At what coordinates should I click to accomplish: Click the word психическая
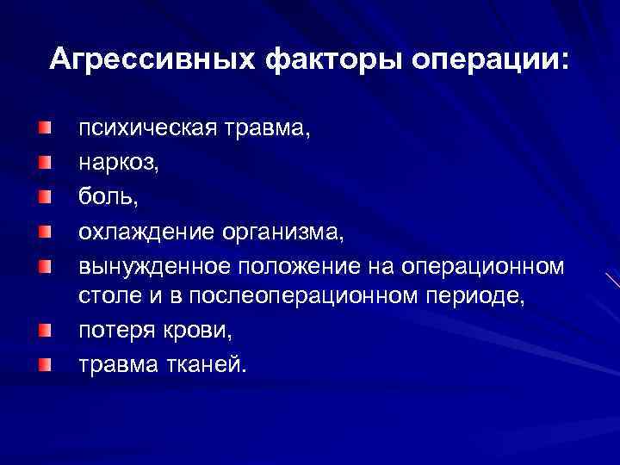tap(150, 131)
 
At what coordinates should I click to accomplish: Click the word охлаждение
tap(145, 231)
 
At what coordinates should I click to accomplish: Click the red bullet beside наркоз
tap(43, 160)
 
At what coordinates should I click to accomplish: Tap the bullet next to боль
tap(43, 195)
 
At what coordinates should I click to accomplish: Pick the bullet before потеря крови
tap(43, 329)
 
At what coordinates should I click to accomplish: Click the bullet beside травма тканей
tap(43, 363)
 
